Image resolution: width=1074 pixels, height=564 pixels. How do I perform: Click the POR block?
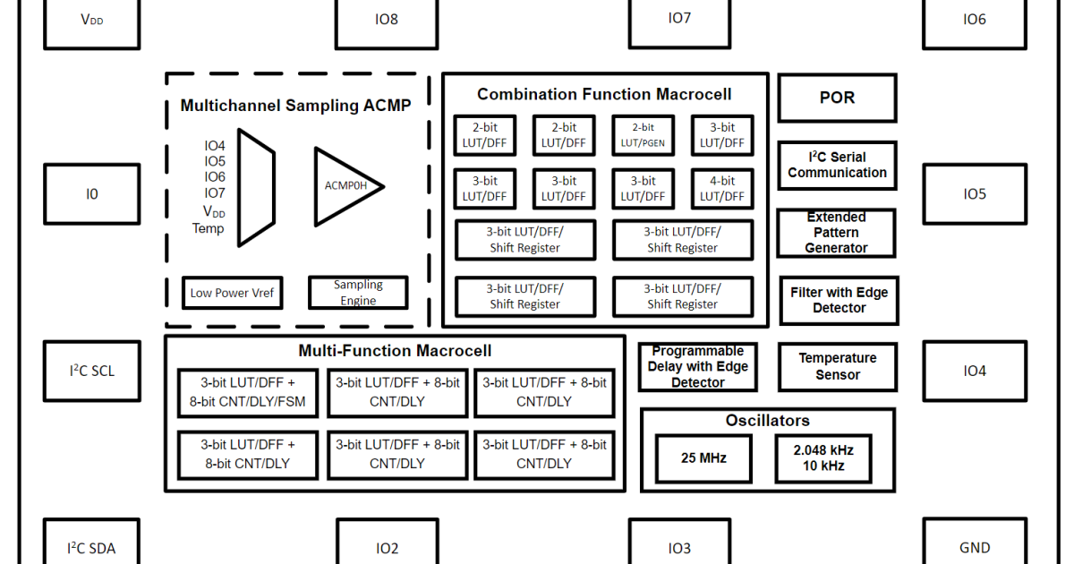(837, 98)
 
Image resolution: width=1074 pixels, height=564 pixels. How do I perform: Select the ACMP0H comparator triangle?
(345, 186)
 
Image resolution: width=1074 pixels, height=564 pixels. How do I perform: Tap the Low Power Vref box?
(232, 293)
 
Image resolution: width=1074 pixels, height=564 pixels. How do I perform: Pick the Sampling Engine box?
(358, 293)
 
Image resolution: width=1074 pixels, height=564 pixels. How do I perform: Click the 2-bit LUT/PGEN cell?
(643, 135)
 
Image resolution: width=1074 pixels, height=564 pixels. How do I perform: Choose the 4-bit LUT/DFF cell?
(721, 189)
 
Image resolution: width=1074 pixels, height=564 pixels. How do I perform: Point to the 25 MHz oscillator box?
(703, 458)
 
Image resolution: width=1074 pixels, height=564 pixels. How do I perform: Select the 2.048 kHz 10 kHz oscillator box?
(823, 458)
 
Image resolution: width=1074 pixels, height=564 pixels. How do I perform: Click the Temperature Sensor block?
(837, 366)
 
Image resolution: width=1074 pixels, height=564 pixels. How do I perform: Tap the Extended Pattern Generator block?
(836, 233)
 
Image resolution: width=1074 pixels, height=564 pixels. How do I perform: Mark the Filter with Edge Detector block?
(839, 300)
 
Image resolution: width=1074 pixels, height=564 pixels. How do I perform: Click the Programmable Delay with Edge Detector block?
(697, 366)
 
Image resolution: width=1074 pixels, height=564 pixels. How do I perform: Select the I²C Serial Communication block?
(837, 165)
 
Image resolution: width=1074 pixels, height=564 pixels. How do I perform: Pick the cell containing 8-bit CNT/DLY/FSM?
(247, 392)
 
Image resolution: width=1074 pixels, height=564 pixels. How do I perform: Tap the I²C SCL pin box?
(91, 371)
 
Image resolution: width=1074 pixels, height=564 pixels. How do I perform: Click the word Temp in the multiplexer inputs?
(208, 228)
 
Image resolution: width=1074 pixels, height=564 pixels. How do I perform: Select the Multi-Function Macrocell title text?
(395, 351)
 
